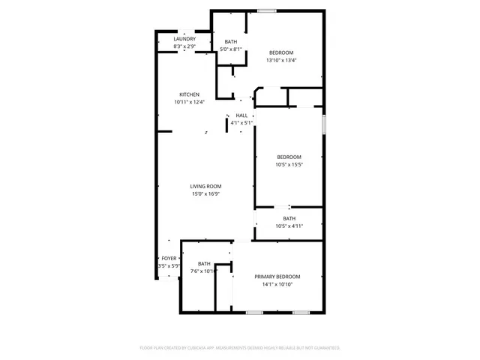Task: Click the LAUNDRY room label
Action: [184, 39]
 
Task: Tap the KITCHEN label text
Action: [189, 94]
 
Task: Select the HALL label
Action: [241, 115]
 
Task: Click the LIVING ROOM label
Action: [205, 186]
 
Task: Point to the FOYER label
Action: [169, 259]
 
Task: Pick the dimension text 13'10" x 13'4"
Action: [281, 61]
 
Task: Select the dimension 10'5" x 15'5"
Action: [289, 164]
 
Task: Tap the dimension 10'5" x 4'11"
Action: [289, 226]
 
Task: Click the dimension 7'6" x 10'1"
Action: [204, 271]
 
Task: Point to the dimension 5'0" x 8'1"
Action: [230, 49]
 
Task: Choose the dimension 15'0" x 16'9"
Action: [205, 193]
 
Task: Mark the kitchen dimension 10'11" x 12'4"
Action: [189, 102]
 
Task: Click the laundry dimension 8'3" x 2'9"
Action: [184, 46]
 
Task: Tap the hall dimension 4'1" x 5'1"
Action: [241, 122]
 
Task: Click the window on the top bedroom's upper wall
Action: [265, 10]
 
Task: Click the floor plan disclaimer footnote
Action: [240, 348]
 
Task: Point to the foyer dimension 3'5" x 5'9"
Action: [168, 266]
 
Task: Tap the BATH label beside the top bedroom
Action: [230, 42]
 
